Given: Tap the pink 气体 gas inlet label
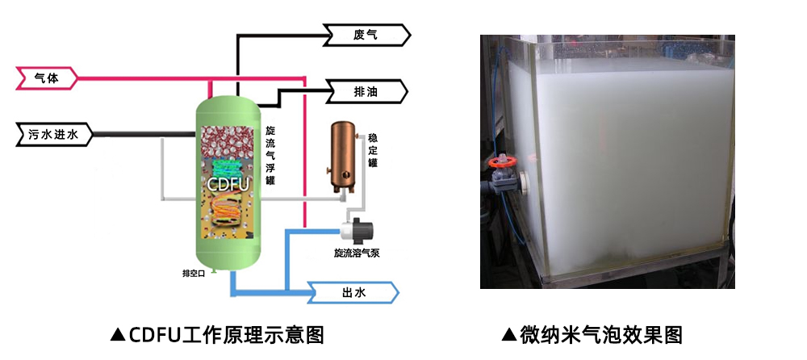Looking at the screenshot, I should (46, 78).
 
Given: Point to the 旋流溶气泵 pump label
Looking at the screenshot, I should (357, 253).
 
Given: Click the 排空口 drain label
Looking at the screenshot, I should (194, 273).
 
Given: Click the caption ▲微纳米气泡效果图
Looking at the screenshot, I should (592, 333).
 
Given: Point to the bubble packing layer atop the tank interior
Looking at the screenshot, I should (231, 140).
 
